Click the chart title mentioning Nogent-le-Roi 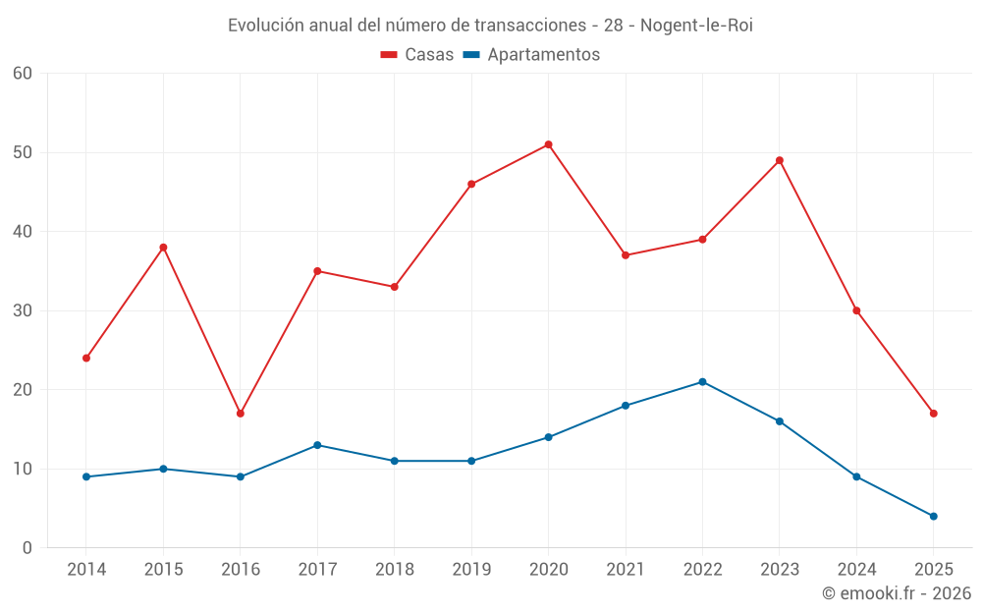tap(490, 26)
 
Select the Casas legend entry tap(417, 55)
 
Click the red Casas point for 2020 tap(548, 144)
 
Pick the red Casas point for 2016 tap(240, 414)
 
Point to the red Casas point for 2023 tap(780, 160)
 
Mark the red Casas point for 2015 tap(163, 248)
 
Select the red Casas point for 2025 tap(933, 414)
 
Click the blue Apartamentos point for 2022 tap(702, 382)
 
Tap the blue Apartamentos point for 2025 tap(933, 516)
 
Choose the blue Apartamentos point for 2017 tap(317, 445)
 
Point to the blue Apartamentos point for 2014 tap(86, 476)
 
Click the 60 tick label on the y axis tap(24, 74)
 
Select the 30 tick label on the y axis tap(24, 310)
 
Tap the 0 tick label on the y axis tap(28, 548)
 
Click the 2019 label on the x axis tap(471, 570)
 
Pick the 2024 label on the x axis tap(856, 570)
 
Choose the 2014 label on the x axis tap(86, 570)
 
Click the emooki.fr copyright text tap(896, 593)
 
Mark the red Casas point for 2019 tap(471, 184)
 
